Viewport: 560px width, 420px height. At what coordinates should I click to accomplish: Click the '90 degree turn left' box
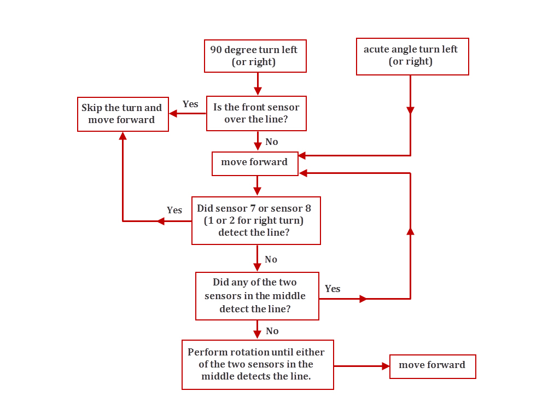tap(255, 56)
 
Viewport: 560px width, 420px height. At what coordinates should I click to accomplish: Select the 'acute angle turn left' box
tap(412, 56)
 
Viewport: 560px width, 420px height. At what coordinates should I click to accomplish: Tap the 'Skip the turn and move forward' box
tap(122, 114)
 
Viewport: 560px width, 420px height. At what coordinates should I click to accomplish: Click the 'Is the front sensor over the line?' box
tap(256, 113)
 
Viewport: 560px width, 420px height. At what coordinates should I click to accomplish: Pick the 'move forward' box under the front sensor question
tap(255, 162)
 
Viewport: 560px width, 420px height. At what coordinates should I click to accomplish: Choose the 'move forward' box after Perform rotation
tap(432, 365)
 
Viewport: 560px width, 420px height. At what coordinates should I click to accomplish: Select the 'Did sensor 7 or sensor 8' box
tap(255, 220)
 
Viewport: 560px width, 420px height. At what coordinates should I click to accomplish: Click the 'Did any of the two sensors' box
tap(256, 296)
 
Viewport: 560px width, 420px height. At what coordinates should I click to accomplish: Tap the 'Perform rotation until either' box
tap(257, 364)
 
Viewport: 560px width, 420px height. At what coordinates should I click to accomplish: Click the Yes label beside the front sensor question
tap(190, 104)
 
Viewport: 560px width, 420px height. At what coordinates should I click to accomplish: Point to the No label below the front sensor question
tap(271, 142)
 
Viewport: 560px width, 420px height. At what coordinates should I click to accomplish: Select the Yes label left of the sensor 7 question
tap(174, 210)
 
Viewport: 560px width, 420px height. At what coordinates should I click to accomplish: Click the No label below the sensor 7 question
tap(271, 259)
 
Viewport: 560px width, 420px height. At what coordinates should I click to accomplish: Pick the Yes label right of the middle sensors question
tap(332, 289)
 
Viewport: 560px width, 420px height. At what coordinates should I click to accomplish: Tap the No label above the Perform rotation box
tap(272, 331)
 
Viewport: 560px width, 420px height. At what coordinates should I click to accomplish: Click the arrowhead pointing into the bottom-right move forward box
tap(386, 366)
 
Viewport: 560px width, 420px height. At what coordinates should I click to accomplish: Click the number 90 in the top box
tap(217, 50)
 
